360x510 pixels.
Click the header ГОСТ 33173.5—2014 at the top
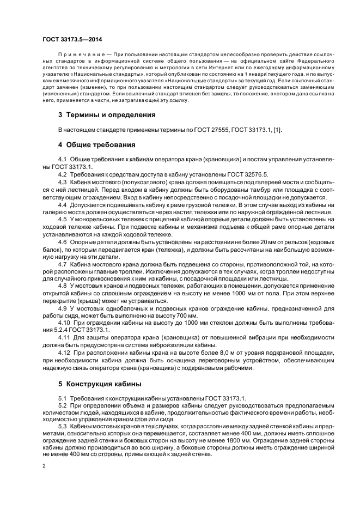coord(73,40)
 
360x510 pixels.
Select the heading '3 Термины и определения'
coord(107,115)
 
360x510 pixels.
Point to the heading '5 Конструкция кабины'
coord(100,383)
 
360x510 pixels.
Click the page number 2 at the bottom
coord(44,466)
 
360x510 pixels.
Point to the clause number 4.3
coord(62,180)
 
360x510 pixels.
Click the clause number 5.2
coord(62,405)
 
